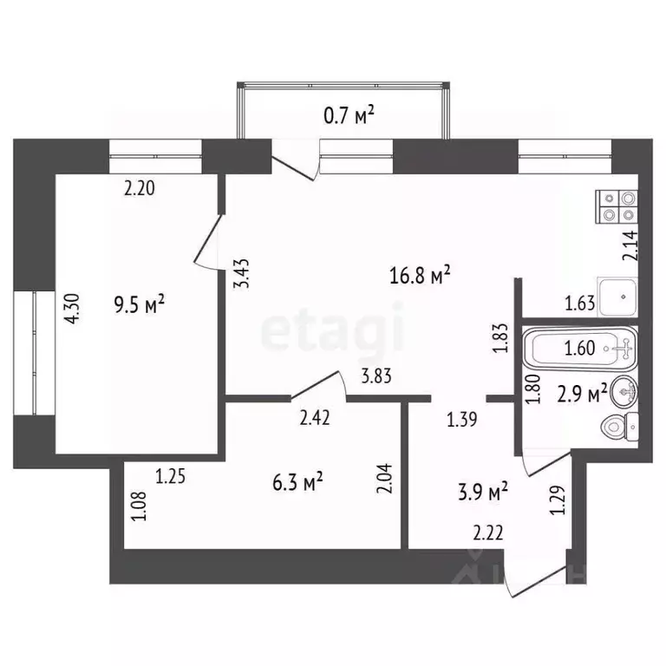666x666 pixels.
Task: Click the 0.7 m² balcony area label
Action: point(354,114)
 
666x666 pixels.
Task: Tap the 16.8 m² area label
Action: point(421,277)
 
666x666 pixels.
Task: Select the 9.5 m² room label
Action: point(139,304)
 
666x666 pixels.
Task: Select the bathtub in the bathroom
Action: point(580,350)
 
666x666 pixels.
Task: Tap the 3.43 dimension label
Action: point(245,273)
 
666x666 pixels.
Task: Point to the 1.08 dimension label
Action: point(138,507)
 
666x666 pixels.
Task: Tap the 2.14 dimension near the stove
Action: point(630,246)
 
